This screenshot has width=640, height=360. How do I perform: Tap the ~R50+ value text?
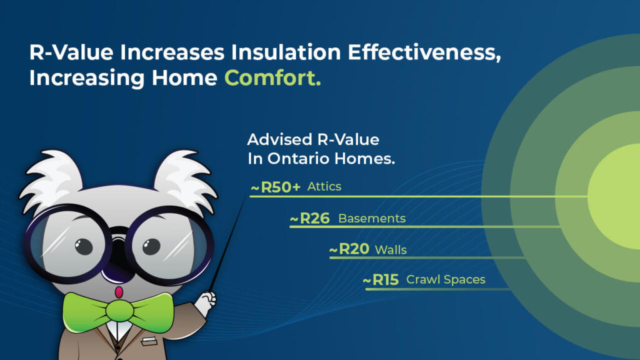276,187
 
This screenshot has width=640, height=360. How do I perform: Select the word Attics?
324,186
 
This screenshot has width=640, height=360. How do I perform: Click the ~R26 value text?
310,218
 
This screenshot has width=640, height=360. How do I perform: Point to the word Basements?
372,218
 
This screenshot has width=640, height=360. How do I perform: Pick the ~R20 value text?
349,249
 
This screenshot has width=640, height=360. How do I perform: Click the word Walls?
391,250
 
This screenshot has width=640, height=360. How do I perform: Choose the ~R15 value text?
381,280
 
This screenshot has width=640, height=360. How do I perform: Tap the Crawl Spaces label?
446,279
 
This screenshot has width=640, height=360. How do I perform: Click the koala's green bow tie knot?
119,311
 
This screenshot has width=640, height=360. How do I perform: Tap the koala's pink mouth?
119,292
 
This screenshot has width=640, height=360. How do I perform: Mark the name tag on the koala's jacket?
149,341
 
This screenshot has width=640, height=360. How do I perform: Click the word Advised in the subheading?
279,140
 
